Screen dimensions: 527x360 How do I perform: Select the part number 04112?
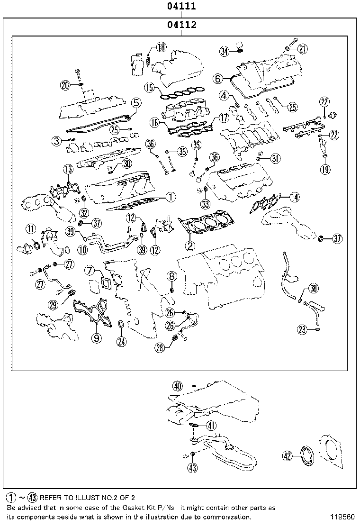tap(181, 25)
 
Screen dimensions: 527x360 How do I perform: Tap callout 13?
tap(69, 169)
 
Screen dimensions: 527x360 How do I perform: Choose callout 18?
tap(161, 47)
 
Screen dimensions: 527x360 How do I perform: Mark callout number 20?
tap(66, 85)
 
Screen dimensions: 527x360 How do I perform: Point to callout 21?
tap(303, 48)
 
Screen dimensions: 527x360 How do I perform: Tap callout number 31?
tap(275, 159)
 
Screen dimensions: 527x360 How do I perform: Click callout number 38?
tap(314, 288)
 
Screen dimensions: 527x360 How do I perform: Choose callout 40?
tap(178, 386)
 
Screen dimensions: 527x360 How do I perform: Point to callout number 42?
tap(288, 456)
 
